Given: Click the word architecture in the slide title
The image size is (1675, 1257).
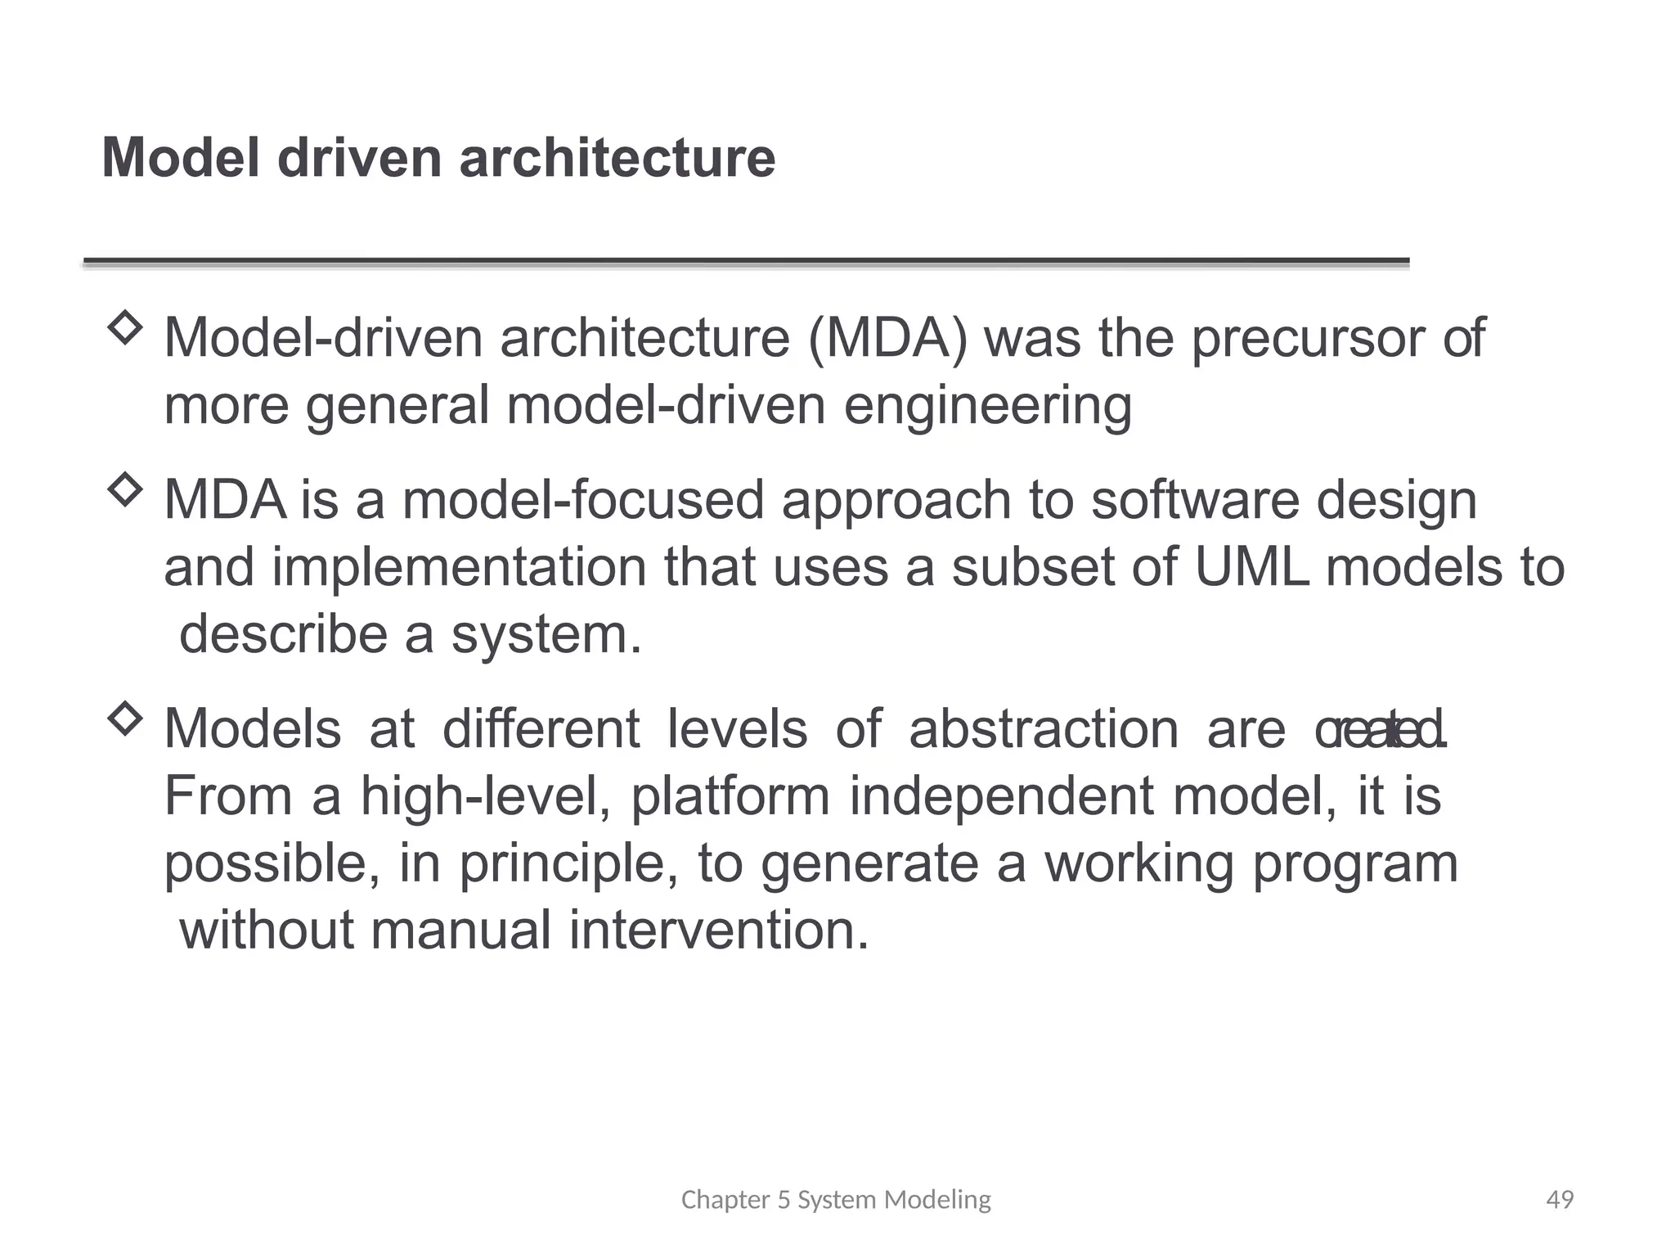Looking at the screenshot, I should pyautogui.click(x=617, y=157).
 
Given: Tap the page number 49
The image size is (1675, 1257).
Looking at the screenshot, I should pyautogui.click(x=1560, y=1200).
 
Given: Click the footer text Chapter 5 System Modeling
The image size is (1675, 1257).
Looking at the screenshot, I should pyautogui.click(x=836, y=1200).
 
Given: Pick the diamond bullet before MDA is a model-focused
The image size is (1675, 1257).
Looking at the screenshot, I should pyautogui.click(x=124, y=489).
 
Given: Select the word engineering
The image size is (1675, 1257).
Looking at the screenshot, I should pyautogui.click(x=987, y=406).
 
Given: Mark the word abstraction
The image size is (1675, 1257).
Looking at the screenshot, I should pyautogui.click(x=1044, y=728).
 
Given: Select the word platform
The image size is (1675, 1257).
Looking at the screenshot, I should pyautogui.click(x=730, y=796).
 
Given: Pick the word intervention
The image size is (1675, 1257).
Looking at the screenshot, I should pyautogui.click(x=719, y=930).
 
